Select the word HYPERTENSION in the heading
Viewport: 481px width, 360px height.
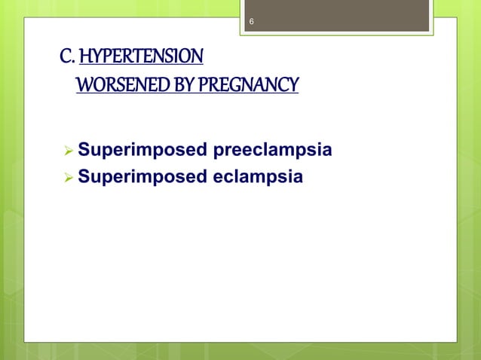[141, 57]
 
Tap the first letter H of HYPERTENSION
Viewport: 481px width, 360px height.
[84, 57]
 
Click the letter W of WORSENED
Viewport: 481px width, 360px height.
[84, 84]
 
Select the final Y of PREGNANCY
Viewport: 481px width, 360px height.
[293, 84]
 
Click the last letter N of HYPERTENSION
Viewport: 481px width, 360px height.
[198, 57]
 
